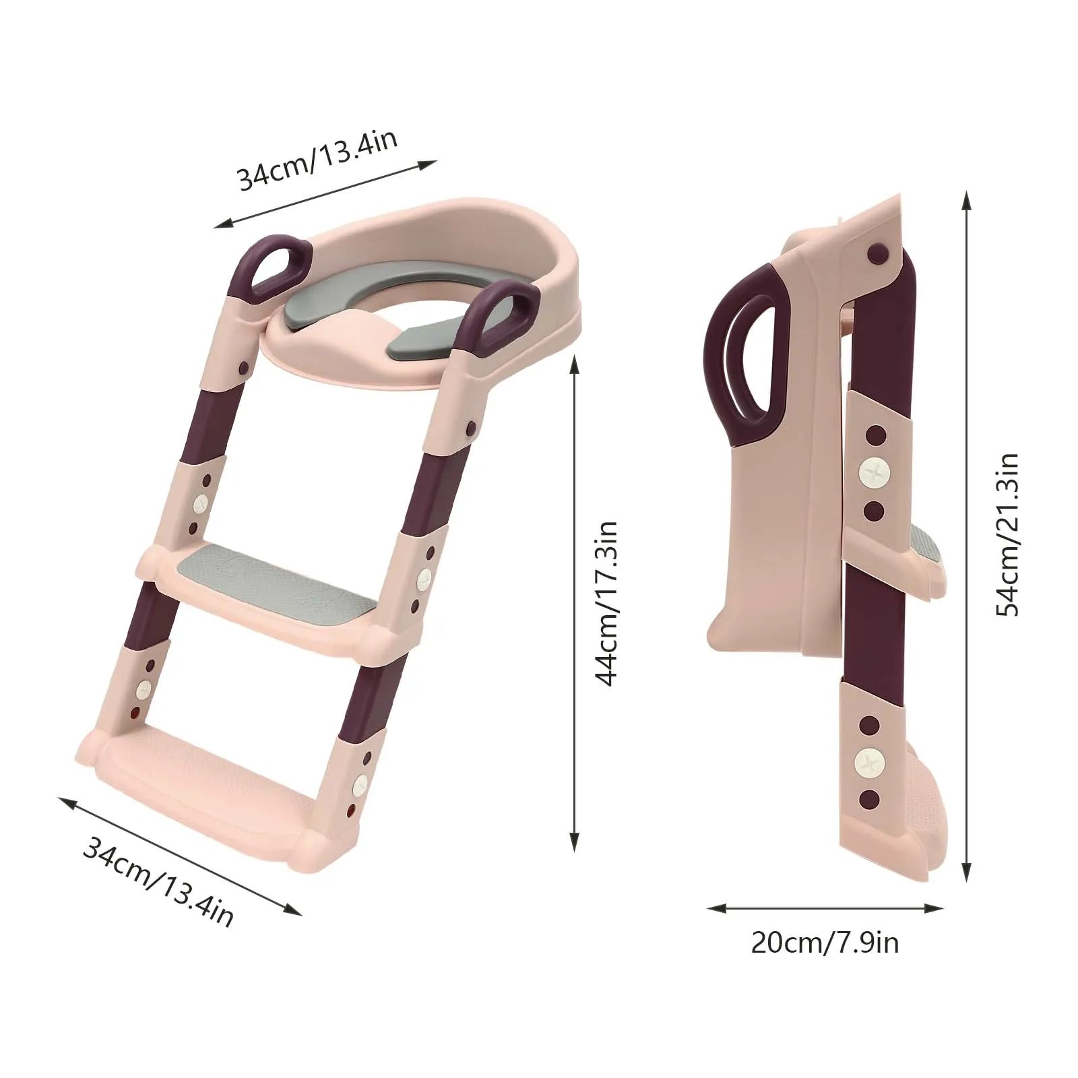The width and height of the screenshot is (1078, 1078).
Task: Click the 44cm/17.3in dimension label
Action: [608, 604]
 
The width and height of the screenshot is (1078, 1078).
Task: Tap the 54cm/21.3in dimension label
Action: [1007, 534]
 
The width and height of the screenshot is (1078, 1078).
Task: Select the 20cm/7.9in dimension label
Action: [825, 942]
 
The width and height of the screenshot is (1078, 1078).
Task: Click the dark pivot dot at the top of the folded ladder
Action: [876, 253]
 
